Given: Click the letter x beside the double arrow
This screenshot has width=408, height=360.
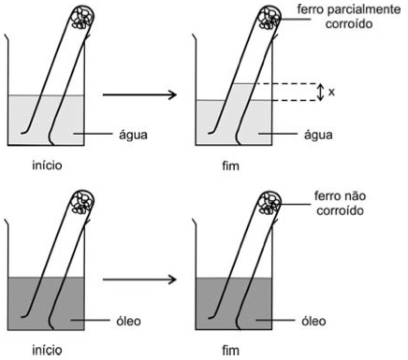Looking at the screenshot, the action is (x=331, y=92).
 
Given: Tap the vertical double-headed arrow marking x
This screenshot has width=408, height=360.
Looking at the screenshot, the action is (x=320, y=92).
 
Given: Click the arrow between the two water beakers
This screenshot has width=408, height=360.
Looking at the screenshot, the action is (x=139, y=94).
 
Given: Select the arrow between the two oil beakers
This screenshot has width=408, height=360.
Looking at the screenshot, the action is (x=139, y=280).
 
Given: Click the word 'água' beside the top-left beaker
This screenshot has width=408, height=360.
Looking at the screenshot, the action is (x=133, y=135).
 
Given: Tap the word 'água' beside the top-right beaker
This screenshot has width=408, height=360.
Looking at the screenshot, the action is (x=318, y=135).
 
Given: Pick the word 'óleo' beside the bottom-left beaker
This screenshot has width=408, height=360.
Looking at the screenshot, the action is (x=128, y=321).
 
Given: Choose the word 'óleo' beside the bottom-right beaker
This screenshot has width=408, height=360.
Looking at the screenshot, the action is (x=313, y=321).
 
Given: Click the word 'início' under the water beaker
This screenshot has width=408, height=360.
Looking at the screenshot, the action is (x=47, y=165).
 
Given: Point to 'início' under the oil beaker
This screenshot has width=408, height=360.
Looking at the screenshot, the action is (x=47, y=350).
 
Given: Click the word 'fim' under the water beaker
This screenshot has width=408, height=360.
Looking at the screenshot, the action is (x=230, y=166).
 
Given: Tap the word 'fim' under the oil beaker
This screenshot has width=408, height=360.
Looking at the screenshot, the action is (x=230, y=351).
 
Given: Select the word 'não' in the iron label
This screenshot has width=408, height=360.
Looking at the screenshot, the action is (x=354, y=196).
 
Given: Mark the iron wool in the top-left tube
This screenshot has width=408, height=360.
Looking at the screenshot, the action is (x=82, y=18).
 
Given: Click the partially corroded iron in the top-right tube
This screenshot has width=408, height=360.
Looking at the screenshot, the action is (x=270, y=18).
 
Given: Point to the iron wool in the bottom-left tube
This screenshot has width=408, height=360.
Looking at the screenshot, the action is (x=82, y=203).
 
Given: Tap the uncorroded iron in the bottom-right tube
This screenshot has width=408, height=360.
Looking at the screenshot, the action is (x=270, y=203).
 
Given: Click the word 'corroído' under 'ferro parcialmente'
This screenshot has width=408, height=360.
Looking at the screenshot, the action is (x=349, y=23).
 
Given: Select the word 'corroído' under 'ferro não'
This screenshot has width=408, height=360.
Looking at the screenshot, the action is (x=340, y=210).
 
